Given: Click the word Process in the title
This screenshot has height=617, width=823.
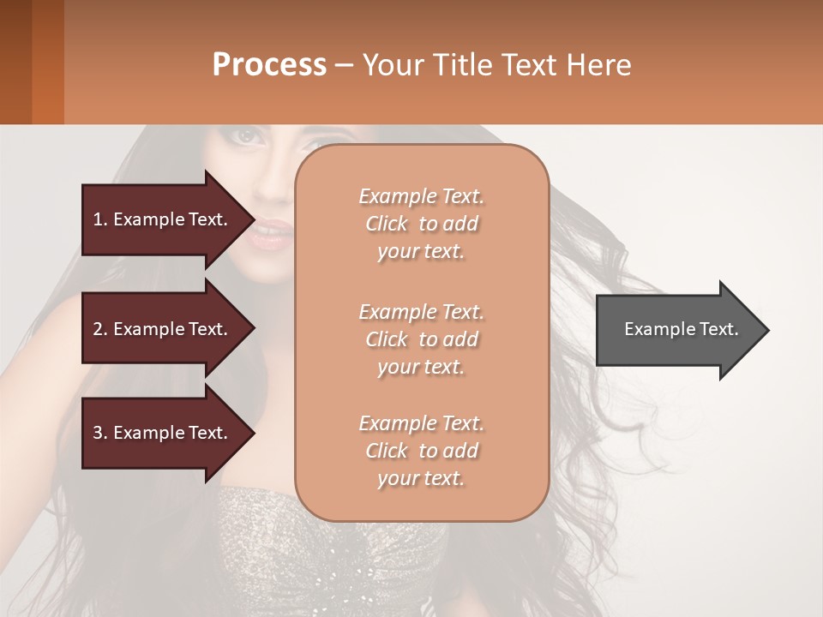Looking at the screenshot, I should [269, 64].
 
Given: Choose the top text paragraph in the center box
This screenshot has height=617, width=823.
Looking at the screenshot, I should [421, 224].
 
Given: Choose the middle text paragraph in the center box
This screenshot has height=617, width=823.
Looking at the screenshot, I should [421, 339].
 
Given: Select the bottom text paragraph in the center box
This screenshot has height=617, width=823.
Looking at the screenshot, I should [421, 451].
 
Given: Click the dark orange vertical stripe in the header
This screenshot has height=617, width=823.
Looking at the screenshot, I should [47, 62].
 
